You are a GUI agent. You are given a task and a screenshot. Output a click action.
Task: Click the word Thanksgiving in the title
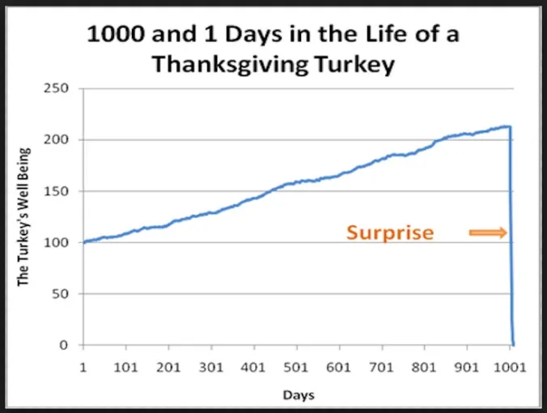232,64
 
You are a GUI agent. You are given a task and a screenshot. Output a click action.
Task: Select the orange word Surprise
390,233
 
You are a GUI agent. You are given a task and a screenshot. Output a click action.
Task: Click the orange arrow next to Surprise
487,233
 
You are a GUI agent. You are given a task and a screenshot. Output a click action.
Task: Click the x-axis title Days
299,395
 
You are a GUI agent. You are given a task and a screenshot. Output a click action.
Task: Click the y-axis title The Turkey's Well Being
24,215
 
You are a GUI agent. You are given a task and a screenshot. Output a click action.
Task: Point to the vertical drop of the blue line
511,243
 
